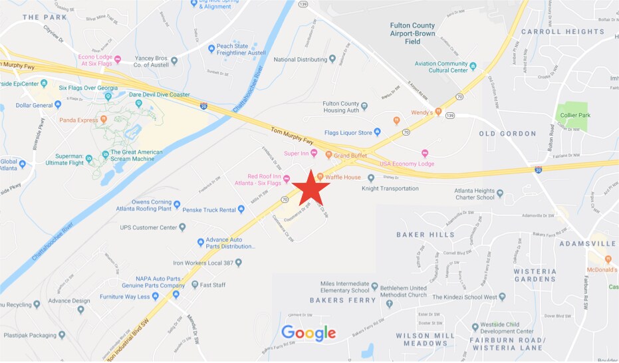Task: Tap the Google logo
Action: (x=308, y=332)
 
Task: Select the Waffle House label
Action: (x=343, y=178)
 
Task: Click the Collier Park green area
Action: (x=573, y=115)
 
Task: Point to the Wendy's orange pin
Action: (x=438, y=112)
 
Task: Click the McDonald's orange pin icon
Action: (x=591, y=259)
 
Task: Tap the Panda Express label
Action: (x=78, y=120)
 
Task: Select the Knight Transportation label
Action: (x=390, y=188)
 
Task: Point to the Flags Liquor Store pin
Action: (x=377, y=132)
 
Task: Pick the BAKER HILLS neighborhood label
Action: (x=425, y=235)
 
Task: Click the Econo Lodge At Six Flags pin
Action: (x=118, y=59)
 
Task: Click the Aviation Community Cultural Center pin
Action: (x=473, y=66)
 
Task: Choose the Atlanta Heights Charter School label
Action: (x=474, y=193)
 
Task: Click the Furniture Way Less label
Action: (x=125, y=297)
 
